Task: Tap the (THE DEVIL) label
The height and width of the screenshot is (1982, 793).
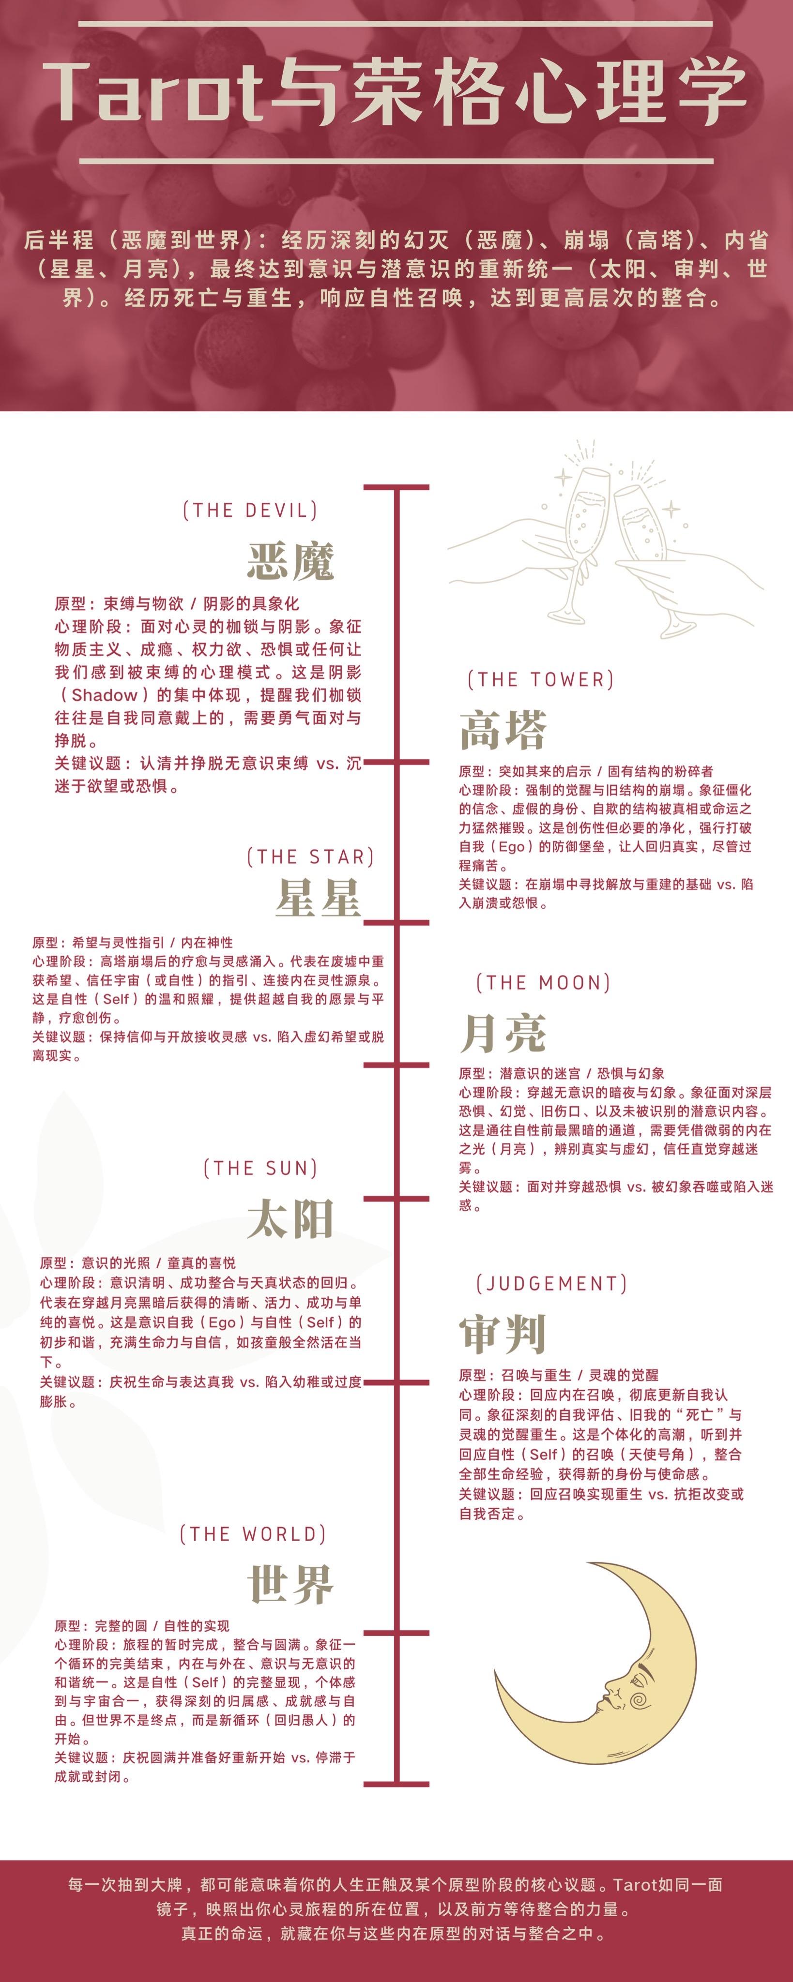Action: tap(250, 510)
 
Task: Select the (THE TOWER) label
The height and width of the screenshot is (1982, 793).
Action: tap(540, 679)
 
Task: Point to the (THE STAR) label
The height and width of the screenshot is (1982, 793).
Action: tap(310, 857)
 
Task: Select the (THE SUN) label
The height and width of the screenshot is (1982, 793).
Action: tap(260, 1168)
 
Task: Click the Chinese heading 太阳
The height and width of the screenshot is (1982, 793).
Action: tap(290, 1219)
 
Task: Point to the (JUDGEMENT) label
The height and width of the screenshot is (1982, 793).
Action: tap(551, 1283)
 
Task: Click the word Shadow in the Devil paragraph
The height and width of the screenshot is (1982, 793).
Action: tap(104, 695)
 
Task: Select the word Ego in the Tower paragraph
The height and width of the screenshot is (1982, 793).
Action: tap(511, 846)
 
